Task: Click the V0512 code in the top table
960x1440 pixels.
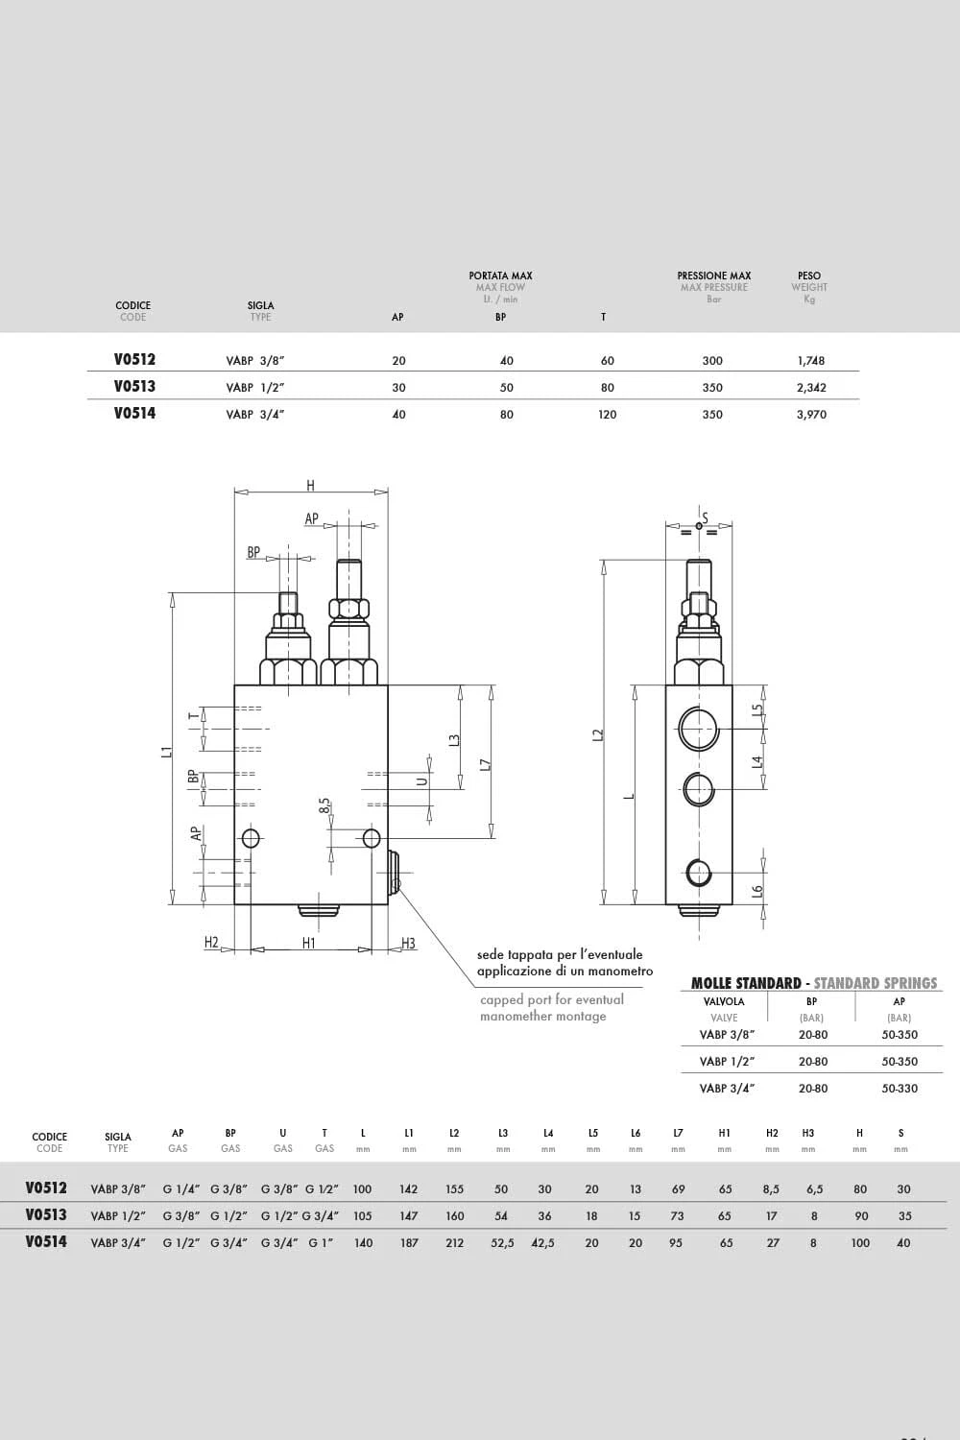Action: [134, 359]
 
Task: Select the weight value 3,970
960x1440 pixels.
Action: [811, 415]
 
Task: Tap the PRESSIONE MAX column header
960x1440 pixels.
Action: [713, 276]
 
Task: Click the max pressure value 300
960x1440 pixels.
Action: [712, 361]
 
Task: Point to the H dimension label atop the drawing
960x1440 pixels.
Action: [311, 486]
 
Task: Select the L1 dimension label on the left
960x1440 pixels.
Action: [166, 752]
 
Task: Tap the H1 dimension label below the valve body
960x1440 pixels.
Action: [309, 943]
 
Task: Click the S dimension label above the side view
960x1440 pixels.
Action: [706, 518]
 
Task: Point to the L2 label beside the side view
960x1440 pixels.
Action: [598, 734]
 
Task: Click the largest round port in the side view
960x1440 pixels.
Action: [699, 728]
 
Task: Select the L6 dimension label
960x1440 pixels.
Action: [757, 892]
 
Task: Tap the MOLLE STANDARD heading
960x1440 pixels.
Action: [746, 983]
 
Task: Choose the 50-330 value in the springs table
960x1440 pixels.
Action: [900, 1089]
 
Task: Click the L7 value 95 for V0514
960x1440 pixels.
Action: [675, 1242]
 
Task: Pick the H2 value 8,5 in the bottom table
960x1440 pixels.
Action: [771, 1189]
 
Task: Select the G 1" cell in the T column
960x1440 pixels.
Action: [321, 1242]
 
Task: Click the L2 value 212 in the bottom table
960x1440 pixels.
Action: [455, 1242]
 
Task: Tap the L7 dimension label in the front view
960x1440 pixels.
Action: [486, 765]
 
